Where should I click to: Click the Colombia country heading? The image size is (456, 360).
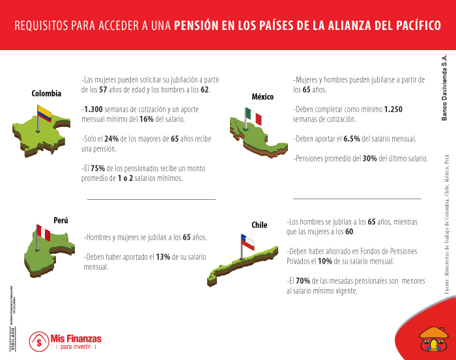[x=46, y=94]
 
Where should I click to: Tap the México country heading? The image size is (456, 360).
[x=263, y=97]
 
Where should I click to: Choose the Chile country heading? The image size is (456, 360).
[x=259, y=225]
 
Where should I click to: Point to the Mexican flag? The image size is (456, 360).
[x=253, y=118]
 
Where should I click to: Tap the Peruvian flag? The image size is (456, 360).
[x=43, y=232]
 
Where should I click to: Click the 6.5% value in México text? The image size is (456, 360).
[x=351, y=139]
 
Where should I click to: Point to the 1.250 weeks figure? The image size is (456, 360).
[x=393, y=109]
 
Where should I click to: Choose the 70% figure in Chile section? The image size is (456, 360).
[x=302, y=281]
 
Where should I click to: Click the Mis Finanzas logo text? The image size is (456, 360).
[x=76, y=339]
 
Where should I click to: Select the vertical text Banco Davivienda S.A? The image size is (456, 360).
[x=445, y=88]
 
